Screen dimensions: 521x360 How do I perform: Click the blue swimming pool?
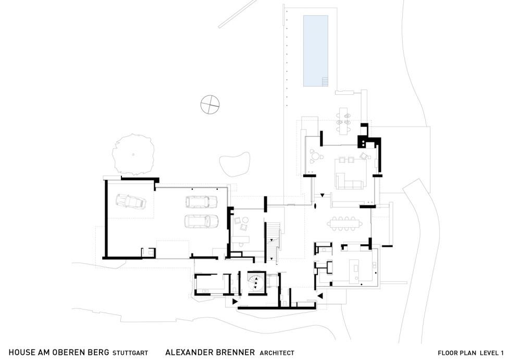coord(316,51)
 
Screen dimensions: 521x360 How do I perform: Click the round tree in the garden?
coord(133,155)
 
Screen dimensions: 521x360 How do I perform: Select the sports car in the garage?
coord(131,201)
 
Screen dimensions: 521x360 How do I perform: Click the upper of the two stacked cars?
coord(201,202)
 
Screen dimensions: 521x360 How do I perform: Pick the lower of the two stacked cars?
coord(201,221)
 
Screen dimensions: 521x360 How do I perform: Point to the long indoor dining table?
coord(345,224)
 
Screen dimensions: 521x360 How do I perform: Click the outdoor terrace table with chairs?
coord(343,120)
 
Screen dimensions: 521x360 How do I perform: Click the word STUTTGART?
coord(130,353)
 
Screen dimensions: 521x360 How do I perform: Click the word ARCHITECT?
coord(277,353)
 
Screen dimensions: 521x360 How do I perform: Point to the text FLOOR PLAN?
coord(457,353)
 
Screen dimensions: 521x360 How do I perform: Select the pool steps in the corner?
coord(325,81)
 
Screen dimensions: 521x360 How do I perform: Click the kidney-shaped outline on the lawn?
coord(234,164)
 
